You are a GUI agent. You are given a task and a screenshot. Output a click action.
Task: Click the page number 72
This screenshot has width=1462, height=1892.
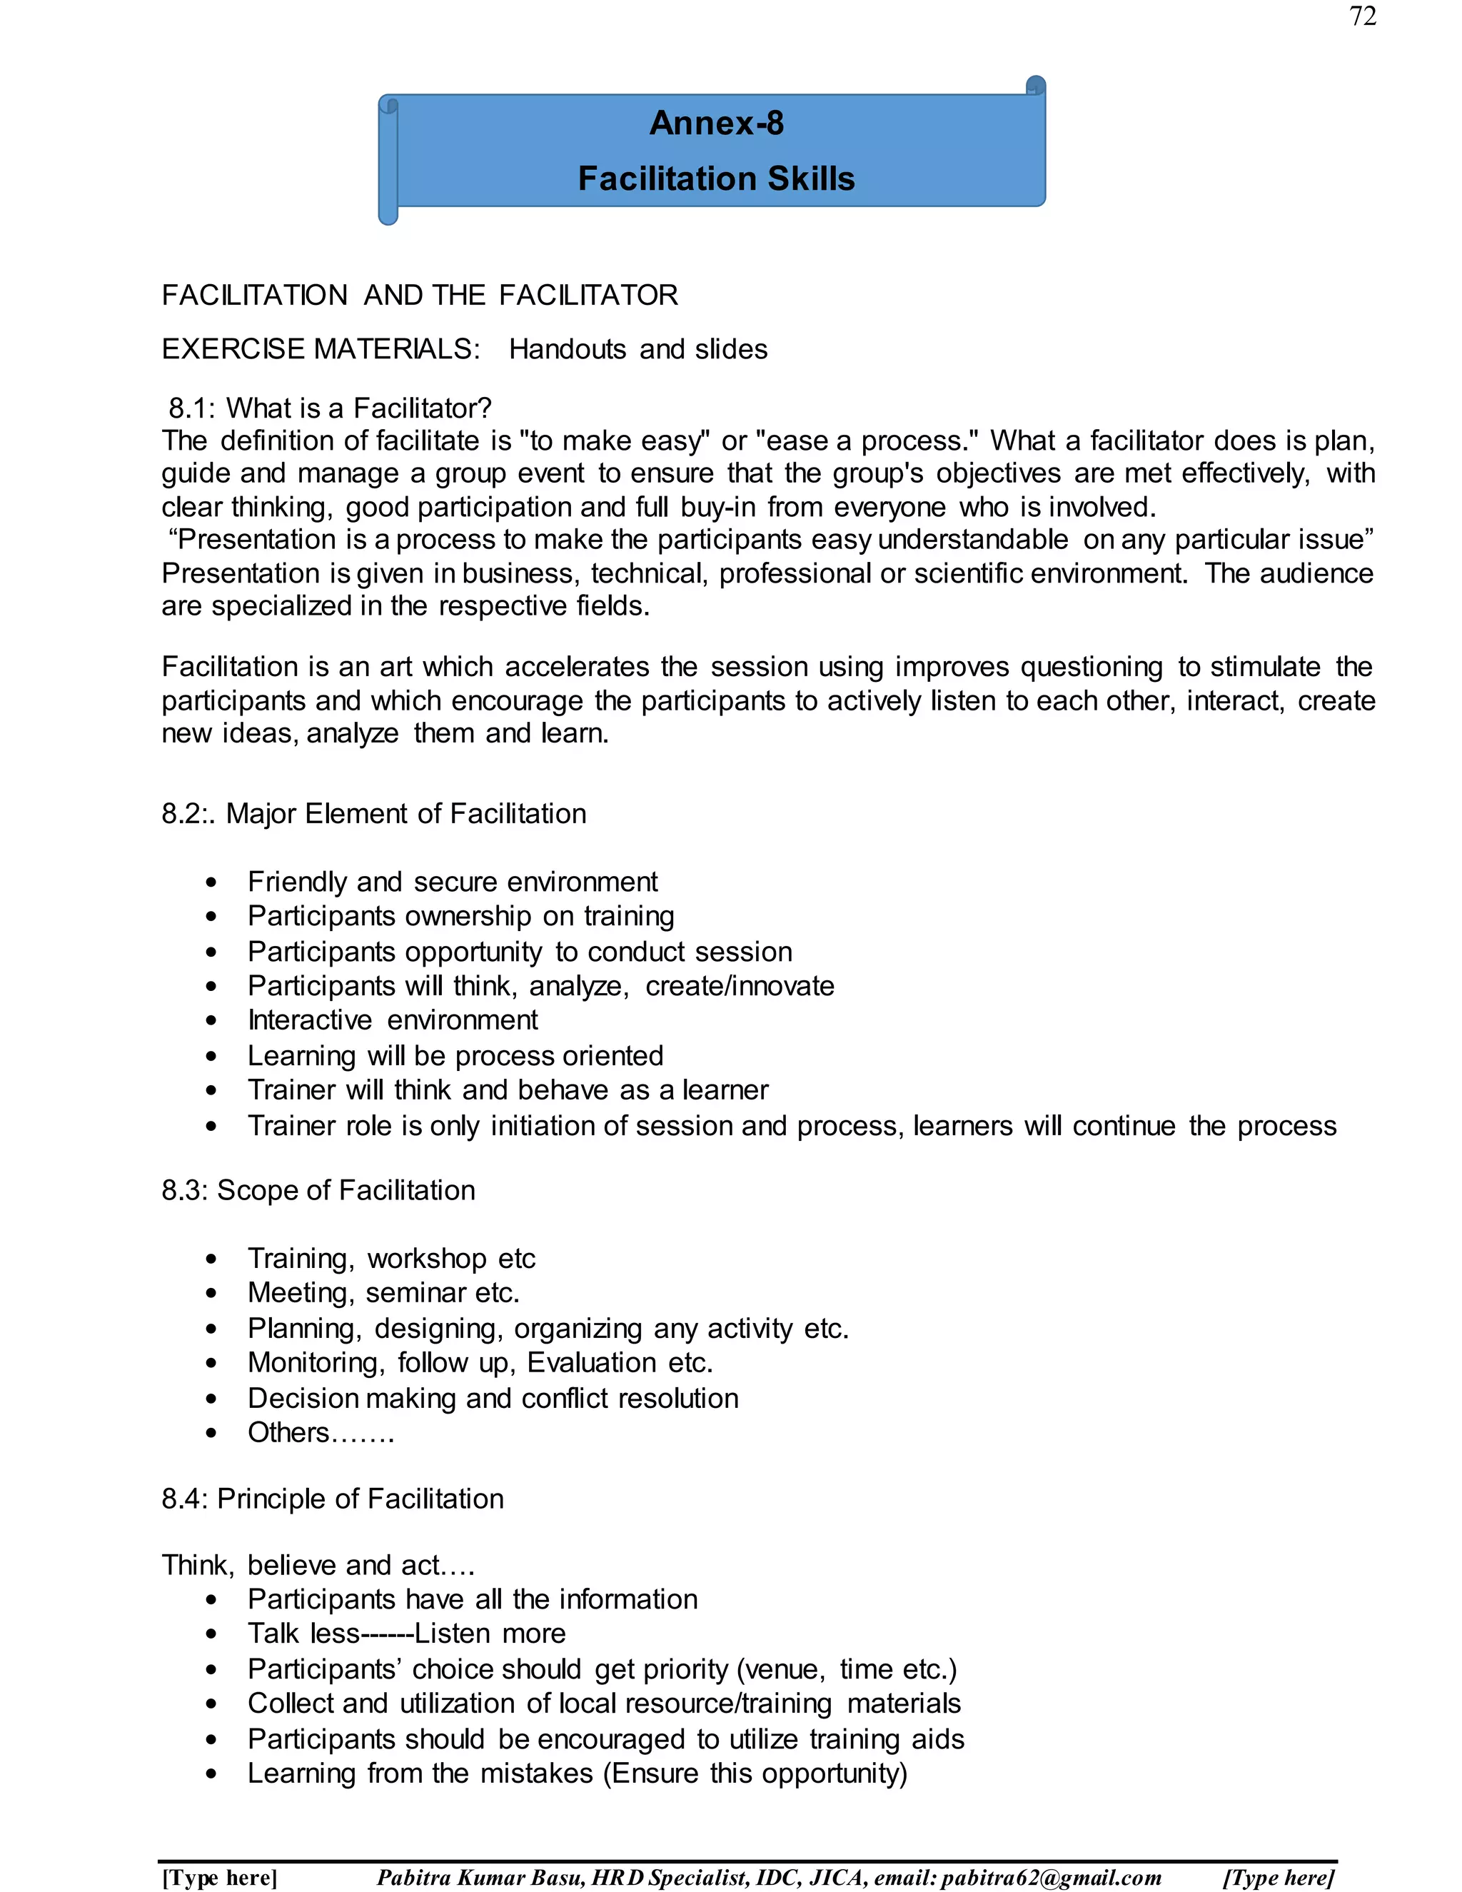pyautogui.click(x=1362, y=16)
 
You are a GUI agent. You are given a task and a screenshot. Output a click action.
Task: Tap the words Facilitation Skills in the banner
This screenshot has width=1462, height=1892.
pyautogui.click(x=716, y=178)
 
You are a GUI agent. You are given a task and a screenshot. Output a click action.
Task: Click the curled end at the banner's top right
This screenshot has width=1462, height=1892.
pyautogui.click(x=1036, y=85)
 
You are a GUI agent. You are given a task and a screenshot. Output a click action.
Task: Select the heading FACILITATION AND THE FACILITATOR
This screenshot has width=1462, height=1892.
pyautogui.click(x=419, y=296)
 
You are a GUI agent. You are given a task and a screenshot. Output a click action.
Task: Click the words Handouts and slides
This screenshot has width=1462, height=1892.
pyautogui.click(x=637, y=349)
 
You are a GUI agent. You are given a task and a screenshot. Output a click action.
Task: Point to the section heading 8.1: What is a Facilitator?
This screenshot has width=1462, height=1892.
pyautogui.click(x=330, y=408)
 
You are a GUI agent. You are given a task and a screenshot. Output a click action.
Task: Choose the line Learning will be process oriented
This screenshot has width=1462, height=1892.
pyautogui.click(x=455, y=1055)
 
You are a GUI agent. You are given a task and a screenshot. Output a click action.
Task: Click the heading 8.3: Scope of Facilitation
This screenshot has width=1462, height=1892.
pyautogui.click(x=318, y=1190)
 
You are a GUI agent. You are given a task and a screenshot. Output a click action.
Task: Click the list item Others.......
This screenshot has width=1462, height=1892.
pyautogui.click(x=321, y=1433)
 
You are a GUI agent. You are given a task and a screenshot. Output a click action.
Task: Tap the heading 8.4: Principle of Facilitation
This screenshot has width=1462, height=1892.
pyautogui.click(x=333, y=1499)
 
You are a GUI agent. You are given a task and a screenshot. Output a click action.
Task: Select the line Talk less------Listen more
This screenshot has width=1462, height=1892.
pyautogui.click(x=406, y=1633)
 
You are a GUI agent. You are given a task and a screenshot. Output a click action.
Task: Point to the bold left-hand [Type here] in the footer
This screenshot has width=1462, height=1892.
pyautogui.click(x=220, y=1877)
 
